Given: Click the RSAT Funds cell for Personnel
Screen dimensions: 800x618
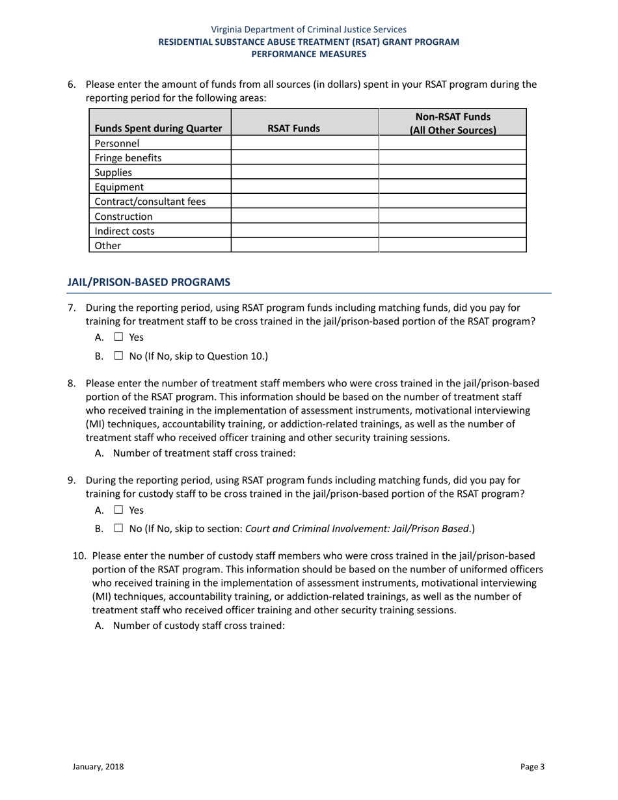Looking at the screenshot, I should (x=304, y=143).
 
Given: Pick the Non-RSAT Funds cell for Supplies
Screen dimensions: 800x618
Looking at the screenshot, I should (x=452, y=172).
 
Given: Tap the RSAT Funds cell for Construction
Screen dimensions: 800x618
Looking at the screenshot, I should (x=304, y=216).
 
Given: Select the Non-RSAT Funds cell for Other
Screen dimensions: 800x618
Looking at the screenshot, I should (x=452, y=245).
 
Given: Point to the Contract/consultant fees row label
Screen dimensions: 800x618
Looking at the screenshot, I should (x=150, y=202).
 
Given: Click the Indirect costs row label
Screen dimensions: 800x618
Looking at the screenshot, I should (x=124, y=231).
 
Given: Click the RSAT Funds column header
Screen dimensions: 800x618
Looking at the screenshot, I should (x=294, y=129).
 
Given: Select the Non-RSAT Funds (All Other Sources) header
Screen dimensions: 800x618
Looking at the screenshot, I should (x=452, y=123).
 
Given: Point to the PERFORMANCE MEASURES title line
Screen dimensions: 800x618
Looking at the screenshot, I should (x=309, y=54).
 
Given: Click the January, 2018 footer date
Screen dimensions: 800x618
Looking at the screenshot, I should (x=98, y=767).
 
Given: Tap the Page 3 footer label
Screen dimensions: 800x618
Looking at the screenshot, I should (x=532, y=767).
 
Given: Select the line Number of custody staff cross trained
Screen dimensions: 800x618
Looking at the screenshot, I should (x=198, y=626).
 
